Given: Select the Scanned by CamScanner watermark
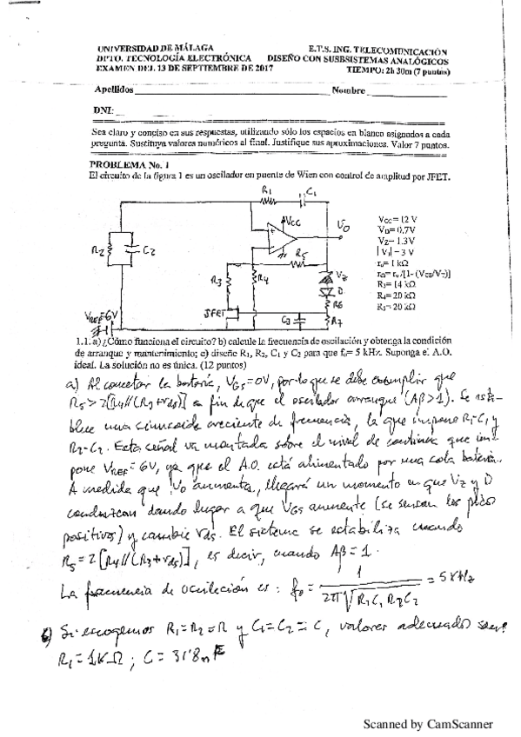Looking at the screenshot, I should [x=427, y=723].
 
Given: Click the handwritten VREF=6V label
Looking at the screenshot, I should [x=104, y=319].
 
